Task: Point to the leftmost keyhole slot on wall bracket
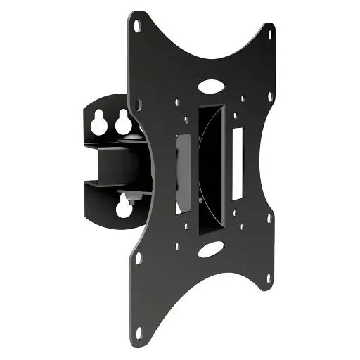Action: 96,121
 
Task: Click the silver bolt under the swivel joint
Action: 131,191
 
